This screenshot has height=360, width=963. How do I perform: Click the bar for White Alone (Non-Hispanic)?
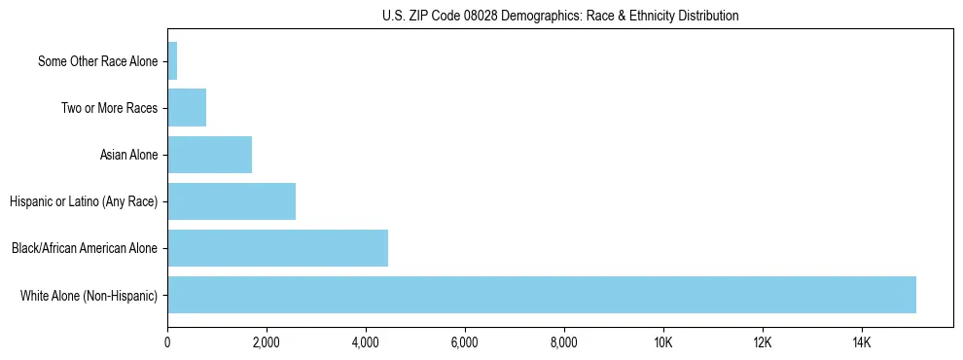click(x=542, y=295)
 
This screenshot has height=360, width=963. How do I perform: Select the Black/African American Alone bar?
click(x=277, y=248)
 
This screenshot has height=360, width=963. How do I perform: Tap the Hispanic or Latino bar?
click(x=232, y=201)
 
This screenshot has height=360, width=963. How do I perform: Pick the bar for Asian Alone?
click(x=209, y=155)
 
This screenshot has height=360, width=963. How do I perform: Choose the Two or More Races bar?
click(x=187, y=108)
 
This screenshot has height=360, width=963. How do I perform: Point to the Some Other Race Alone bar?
click(x=172, y=61)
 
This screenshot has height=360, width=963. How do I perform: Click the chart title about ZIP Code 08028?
click(x=560, y=16)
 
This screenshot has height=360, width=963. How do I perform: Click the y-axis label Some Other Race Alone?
click(x=97, y=61)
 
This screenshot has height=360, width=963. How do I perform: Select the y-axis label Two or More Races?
click(x=109, y=108)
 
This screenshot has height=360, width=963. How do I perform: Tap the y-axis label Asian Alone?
click(x=128, y=155)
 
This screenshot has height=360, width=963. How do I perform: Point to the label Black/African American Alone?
click(x=85, y=248)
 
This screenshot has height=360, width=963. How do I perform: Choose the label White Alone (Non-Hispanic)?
click(x=89, y=295)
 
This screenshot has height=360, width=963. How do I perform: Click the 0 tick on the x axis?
click(x=167, y=342)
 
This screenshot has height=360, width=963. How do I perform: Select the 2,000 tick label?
click(x=267, y=342)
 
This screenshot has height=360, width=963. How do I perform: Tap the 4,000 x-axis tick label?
click(x=366, y=342)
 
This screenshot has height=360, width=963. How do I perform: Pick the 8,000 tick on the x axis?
click(x=564, y=342)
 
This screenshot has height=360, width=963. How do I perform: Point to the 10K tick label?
click(x=663, y=342)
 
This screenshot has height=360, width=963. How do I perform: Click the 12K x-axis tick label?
click(x=763, y=342)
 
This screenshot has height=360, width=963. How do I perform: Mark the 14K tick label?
click(x=862, y=342)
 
